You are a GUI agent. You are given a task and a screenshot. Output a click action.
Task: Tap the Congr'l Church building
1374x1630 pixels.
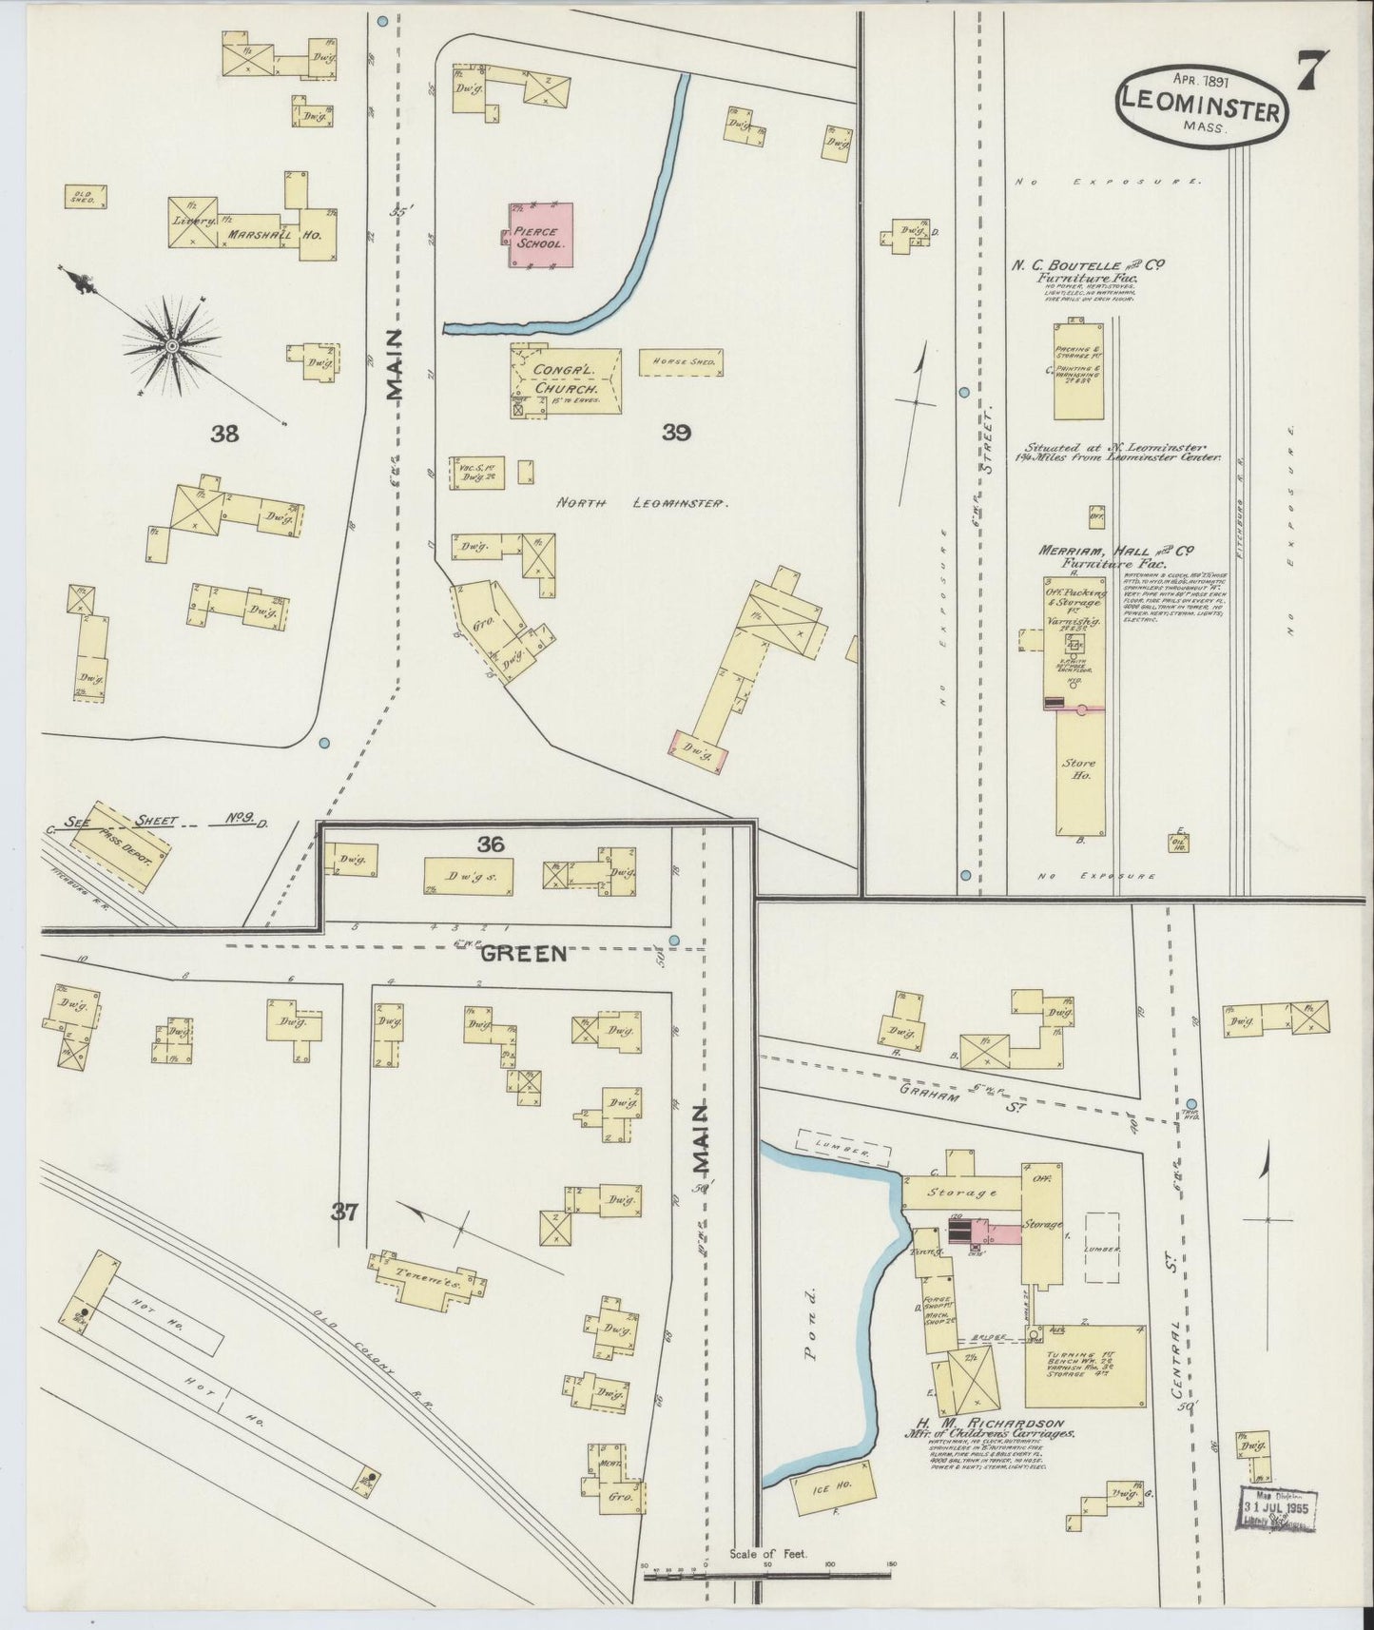point(566,379)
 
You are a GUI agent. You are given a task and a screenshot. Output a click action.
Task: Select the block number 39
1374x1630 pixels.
point(676,434)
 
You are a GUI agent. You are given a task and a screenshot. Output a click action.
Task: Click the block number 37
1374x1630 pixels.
point(343,1211)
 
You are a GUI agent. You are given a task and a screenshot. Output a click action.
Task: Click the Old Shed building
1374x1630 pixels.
point(86,197)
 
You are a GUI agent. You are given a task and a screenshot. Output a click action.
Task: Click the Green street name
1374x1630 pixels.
point(524,953)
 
